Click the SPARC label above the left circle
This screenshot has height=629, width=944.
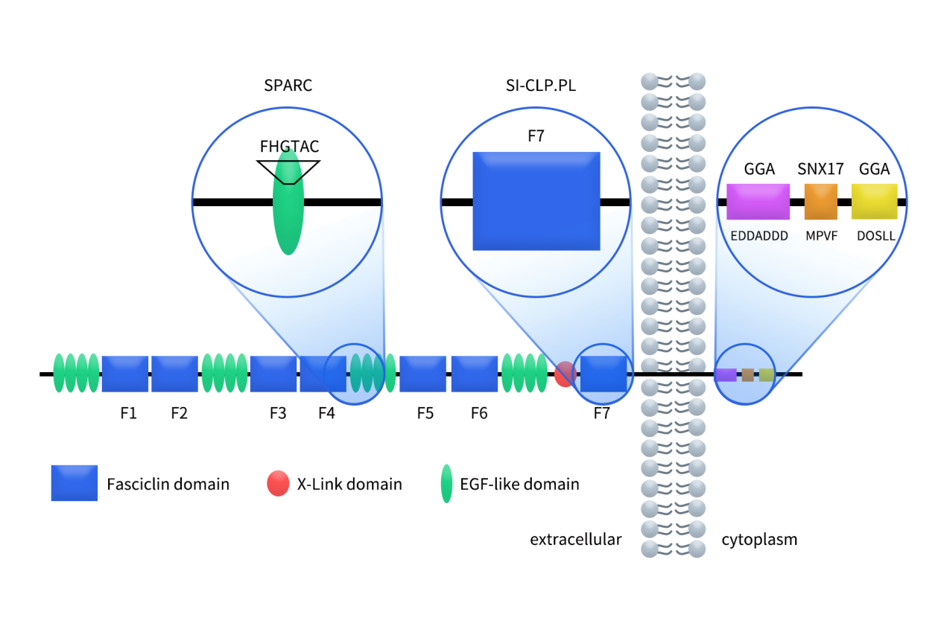[288, 86]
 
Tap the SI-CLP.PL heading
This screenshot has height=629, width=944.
[536, 86]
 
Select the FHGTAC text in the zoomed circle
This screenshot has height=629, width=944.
[289, 147]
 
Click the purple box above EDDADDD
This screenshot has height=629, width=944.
[758, 202]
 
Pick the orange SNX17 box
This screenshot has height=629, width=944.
[820, 202]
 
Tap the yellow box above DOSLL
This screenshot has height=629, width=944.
[874, 202]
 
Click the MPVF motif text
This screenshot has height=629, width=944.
[820, 236]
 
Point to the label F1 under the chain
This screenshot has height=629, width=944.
[128, 413]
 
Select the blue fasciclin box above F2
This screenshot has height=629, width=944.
[174, 374]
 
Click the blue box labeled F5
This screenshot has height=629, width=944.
[422, 374]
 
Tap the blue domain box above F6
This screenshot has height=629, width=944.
[474, 374]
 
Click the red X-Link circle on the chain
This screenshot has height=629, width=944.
[564, 374]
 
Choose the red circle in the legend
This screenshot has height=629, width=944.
[277, 484]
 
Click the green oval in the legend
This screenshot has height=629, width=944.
[446, 484]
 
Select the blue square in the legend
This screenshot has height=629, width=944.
[75, 483]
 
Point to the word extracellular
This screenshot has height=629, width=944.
[575, 540]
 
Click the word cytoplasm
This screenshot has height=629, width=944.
[759, 540]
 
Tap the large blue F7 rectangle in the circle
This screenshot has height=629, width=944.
[536, 201]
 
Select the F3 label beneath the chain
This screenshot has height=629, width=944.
[277, 413]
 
